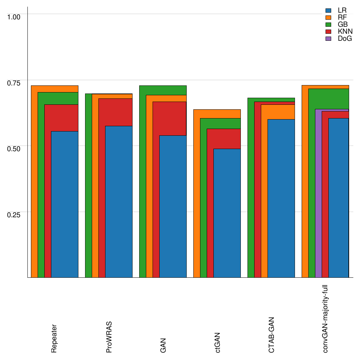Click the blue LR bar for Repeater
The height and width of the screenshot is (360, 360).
coord(64,204)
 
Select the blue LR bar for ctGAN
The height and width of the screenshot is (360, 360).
coord(227,213)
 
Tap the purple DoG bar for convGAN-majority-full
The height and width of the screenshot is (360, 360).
coord(318,193)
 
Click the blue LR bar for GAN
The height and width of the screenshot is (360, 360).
coord(173,206)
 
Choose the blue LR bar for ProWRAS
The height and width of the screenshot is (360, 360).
coord(118,201)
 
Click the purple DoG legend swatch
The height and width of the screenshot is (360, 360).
coord(329,39)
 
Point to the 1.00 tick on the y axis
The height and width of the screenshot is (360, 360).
coord(14,17)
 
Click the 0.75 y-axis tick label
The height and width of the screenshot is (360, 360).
coord(14,83)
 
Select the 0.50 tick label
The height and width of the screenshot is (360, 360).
coord(14,148)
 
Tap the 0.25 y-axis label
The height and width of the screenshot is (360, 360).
coord(14,214)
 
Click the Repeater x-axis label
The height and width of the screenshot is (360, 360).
coord(54,338)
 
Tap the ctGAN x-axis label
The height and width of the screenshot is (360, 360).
coord(218,342)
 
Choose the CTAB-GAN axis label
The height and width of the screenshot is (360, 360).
coord(271,335)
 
